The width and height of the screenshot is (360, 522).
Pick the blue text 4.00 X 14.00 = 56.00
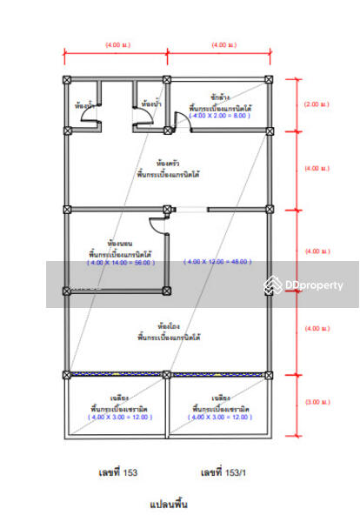(x=120, y=261)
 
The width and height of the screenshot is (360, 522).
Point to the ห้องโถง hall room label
(x=169, y=328)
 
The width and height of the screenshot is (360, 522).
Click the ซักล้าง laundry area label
(x=220, y=98)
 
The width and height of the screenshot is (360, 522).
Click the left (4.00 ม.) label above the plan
(x=117, y=43)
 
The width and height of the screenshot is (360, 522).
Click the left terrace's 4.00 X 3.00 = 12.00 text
(x=120, y=418)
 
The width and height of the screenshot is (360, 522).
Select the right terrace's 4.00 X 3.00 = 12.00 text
(x=221, y=418)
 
